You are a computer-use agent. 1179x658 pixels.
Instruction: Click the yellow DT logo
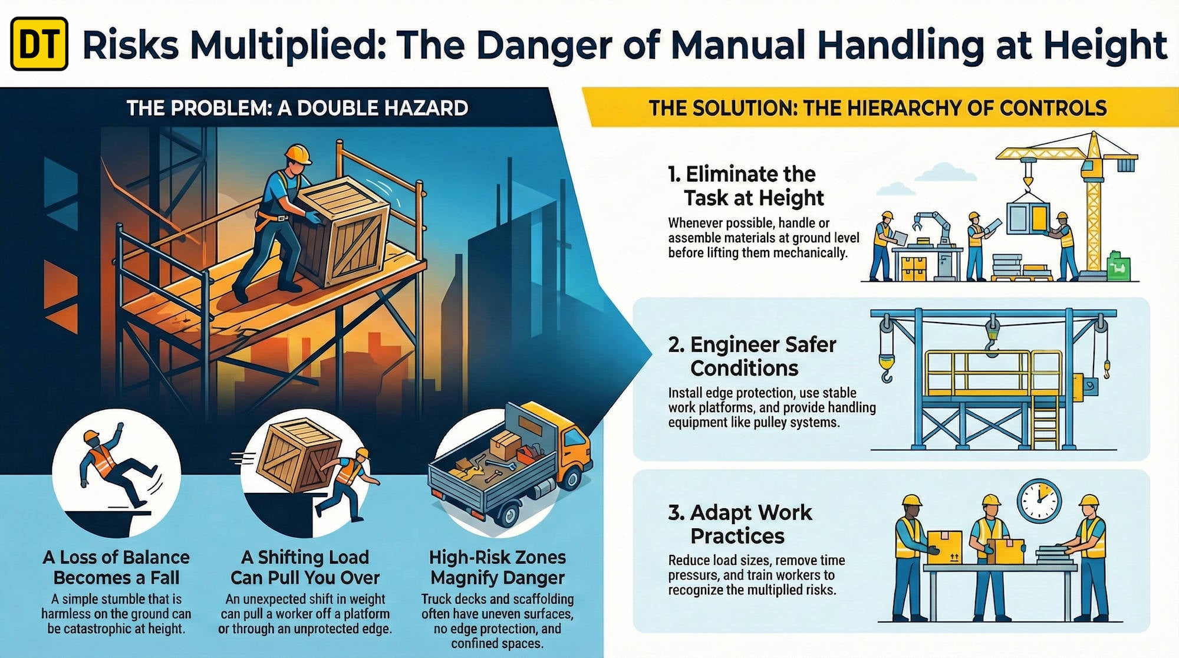coord(39,44)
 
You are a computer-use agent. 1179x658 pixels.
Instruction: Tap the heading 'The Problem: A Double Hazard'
coord(297,108)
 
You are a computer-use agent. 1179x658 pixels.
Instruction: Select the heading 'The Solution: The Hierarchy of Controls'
coord(877,108)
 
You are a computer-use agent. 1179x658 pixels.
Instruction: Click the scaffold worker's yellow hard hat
coord(298,154)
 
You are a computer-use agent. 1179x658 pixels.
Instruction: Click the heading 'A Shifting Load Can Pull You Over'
coord(305,567)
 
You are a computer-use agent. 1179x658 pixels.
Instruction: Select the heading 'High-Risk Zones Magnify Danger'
coord(498,567)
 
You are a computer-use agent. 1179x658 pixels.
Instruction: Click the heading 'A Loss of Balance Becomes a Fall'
coord(116,567)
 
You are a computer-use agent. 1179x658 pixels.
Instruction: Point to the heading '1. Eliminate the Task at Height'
coord(746,186)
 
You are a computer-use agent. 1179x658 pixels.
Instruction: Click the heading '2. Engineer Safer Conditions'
coord(752,356)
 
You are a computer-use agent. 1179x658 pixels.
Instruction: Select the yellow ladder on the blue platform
coord(1045,422)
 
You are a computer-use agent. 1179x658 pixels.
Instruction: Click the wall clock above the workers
coord(1039,501)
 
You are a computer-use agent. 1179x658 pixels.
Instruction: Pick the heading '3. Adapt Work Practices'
coord(740,524)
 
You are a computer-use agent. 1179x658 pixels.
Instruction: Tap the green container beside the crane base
coord(1118,267)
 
